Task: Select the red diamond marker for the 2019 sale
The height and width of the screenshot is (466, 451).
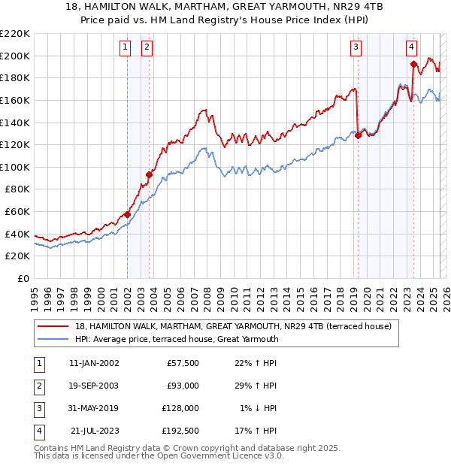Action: coord(358,135)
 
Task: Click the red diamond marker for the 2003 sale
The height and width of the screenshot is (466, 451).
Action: coord(149,174)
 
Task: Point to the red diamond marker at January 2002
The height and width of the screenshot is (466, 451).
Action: coord(127,214)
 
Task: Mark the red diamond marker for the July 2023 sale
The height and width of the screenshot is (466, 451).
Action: coord(413,63)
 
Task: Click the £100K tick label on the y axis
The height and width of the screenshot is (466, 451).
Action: coord(15,167)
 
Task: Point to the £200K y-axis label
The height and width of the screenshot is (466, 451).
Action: coord(15,56)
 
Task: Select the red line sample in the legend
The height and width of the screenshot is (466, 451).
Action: coord(53,327)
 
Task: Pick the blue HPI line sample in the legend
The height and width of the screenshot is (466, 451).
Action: coord(53,339)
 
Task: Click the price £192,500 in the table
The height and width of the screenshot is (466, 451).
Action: coord(181,431)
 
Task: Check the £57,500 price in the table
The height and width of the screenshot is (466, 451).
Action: coord(183,363)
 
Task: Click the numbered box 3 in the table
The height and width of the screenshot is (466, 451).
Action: coord(37,408)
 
